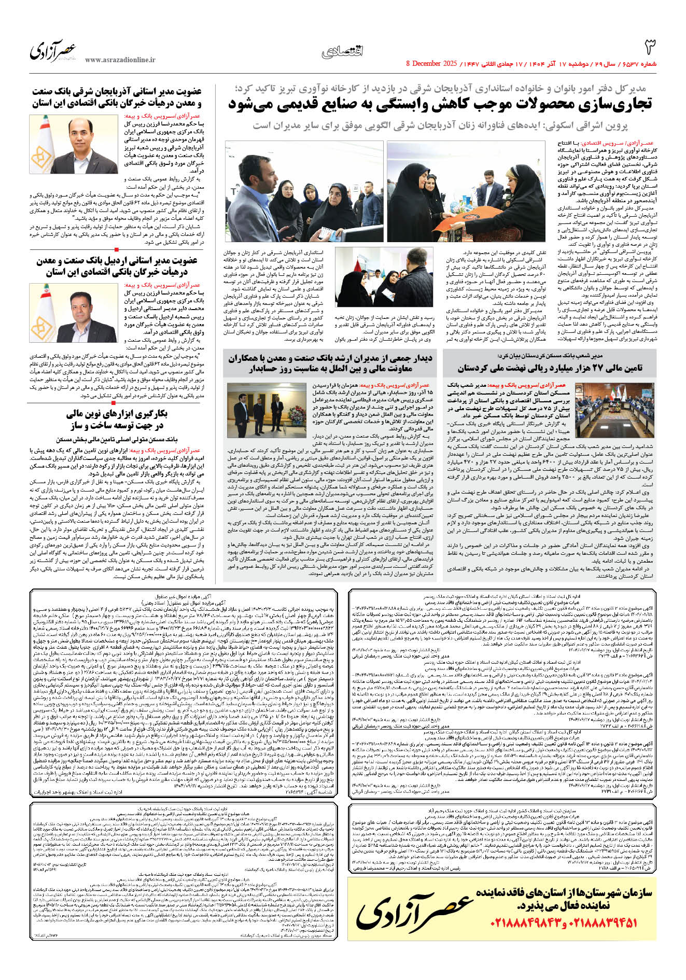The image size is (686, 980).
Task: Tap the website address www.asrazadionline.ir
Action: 120,60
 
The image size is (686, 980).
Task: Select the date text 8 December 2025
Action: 432,64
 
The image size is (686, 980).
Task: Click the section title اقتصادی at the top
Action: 342,51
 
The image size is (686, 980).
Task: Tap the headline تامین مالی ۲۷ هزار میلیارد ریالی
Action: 550,368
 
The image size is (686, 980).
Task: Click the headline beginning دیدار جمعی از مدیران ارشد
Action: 330,363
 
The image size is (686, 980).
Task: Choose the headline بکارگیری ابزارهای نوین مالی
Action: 117,419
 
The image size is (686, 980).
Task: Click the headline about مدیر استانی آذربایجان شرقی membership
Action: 117,97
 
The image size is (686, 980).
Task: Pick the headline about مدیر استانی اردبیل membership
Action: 117,265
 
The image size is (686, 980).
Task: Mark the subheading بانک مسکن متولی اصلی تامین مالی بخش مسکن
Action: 117,439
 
